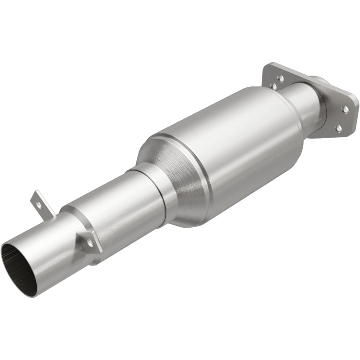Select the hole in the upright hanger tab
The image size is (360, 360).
39,204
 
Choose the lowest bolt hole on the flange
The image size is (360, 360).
338,128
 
